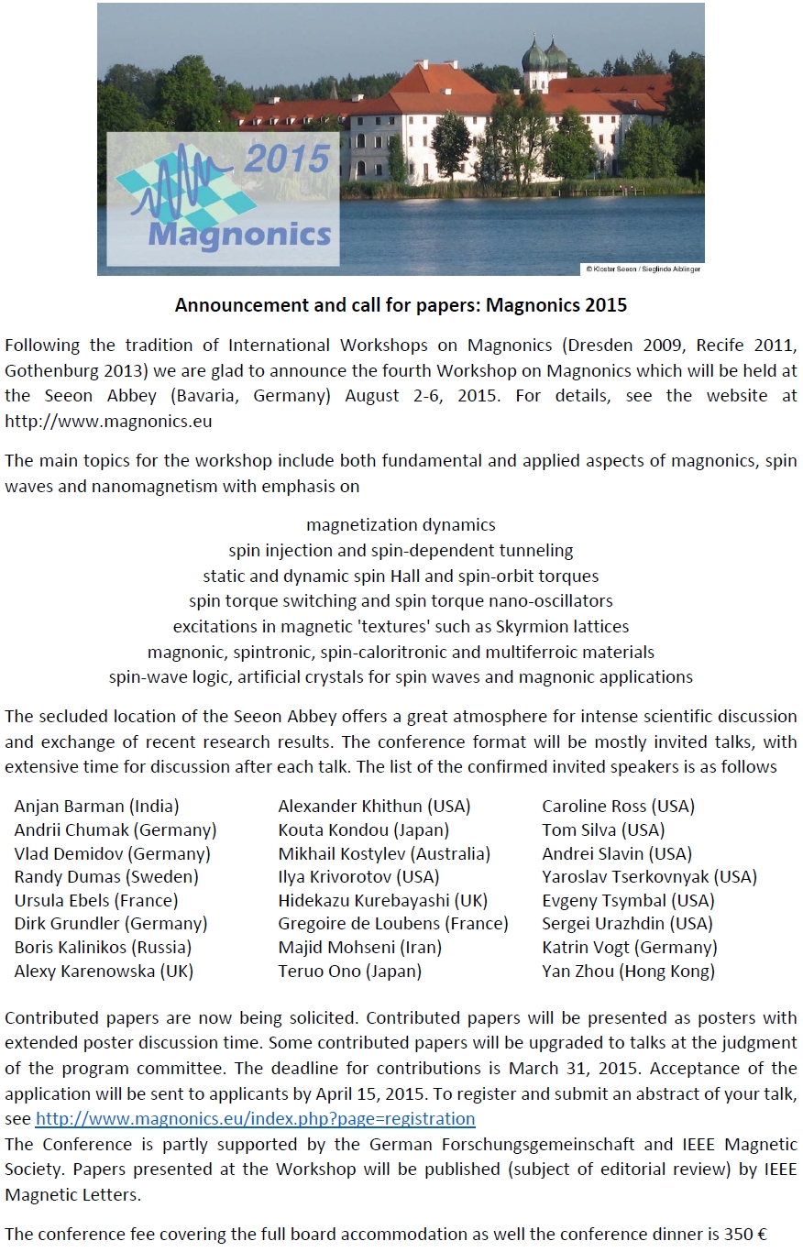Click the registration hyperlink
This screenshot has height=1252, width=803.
click(255, 1119)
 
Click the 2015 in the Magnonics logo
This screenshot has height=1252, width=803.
click(287, 159)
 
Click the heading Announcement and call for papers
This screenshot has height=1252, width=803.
click(401, 304)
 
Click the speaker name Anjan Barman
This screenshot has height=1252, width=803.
click(97, 807)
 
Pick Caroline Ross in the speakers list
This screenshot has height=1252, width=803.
click(618, 807)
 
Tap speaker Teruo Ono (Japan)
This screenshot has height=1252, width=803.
click(349, 972)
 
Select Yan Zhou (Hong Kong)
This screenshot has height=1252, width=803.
click(628, 972)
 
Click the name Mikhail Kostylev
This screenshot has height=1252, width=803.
click(384, 853)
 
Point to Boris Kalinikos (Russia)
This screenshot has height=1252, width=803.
click(103, 948)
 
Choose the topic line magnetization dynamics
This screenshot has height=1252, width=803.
click(401, 525)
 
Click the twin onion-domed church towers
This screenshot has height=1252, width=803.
click(544, 57)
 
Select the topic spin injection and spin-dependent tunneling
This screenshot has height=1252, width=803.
click(401, 551)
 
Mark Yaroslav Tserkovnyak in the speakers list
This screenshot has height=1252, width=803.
click(649, 877)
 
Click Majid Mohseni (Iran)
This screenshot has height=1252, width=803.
click(359, 948)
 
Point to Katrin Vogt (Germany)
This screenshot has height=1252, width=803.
click(629, 948)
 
